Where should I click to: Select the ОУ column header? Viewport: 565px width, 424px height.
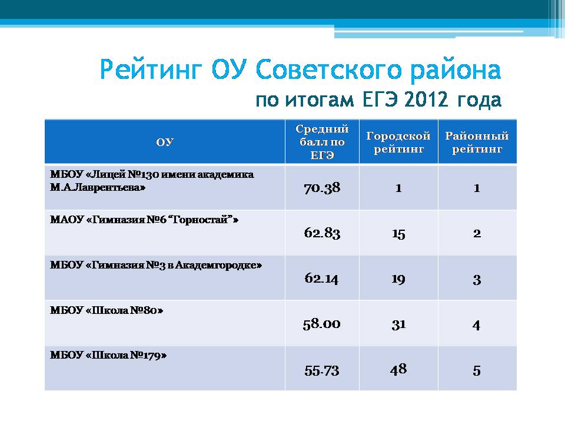[x=165, y=142]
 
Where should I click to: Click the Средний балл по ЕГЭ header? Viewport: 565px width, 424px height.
[x=322, y=142]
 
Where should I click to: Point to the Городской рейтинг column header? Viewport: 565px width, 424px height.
[x=398, y=143]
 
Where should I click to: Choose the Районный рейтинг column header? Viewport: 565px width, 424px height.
[x=477, y=143]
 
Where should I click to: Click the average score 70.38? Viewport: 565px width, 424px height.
[x=322, y=188]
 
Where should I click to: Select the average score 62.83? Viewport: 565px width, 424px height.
[x=322, y=233]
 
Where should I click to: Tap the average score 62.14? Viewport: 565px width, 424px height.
[x=321, y=279]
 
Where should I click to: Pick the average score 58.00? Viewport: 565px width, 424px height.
[x=321, y=324]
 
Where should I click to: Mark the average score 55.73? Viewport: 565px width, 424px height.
[x=322, y=370]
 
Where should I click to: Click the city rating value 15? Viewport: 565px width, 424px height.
[x=398, y=234]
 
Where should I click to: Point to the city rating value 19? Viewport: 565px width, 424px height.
[x=398, y=279]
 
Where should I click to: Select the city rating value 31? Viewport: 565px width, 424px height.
[x=398, y=324]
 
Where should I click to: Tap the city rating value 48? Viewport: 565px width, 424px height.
[x=398, y=369]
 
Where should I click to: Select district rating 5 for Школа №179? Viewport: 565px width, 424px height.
[x=477, y=370]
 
